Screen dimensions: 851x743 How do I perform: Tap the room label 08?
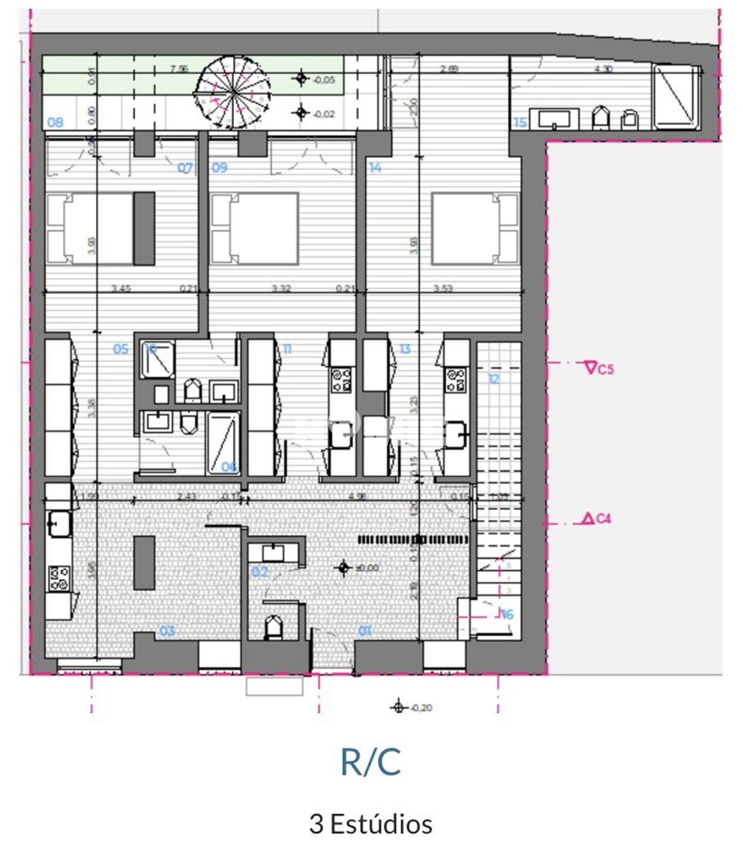point(55,122)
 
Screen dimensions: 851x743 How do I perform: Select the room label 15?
point(520,122)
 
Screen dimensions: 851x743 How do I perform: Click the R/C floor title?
point(371,761)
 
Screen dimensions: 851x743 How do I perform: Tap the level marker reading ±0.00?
point(360,568)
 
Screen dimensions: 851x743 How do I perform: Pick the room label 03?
point(167,631)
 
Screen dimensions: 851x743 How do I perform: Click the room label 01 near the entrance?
point(364,631)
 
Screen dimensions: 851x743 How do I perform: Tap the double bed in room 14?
point(475,228)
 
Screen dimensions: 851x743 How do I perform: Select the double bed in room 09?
point(255,228)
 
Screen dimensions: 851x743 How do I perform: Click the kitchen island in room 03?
point(144,563)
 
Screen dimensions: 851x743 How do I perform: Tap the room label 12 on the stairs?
point(494,379)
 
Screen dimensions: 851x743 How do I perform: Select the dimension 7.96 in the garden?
point(179,69)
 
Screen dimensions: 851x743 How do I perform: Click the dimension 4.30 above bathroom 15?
point(603,69)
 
